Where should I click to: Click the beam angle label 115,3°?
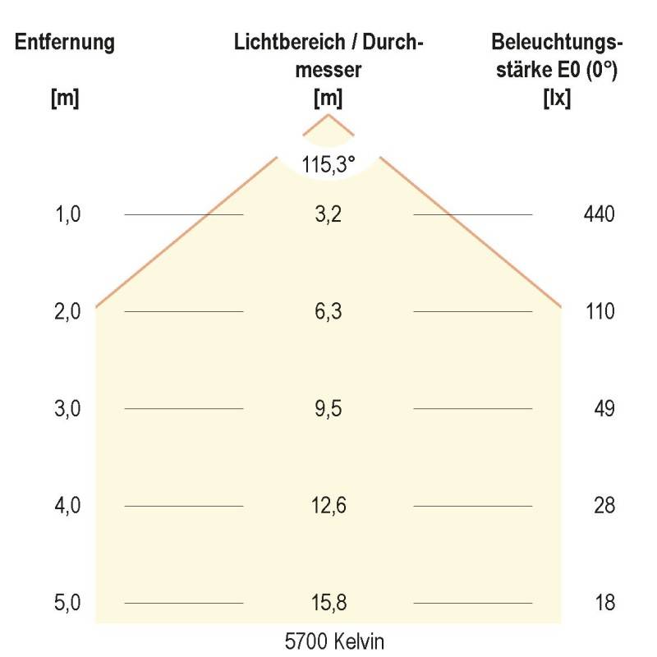[x=328, y=164]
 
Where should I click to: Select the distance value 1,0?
[x=67, y=215]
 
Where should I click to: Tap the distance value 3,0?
[x=67, y=409]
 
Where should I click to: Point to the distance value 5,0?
[x=67, y=604]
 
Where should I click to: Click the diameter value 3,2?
[x=328, y=215]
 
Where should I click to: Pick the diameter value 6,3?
[x=328, y=312]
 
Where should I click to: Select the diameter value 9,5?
[x=328, y=409]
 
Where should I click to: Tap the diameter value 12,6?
[x=328, y=506]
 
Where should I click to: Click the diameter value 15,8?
[x=328, y=604]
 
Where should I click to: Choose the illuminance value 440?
[x=599, y=215]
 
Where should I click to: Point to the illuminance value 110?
[x=600, y=312]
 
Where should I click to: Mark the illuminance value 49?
[x=604, y=409]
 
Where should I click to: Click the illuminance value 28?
[x=604, y=506]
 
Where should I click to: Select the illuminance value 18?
[x=604, y=604]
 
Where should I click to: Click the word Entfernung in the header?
[x=64, y=43]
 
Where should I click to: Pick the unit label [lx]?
[x=558, y=98]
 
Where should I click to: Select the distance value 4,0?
[x=67, y=506]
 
